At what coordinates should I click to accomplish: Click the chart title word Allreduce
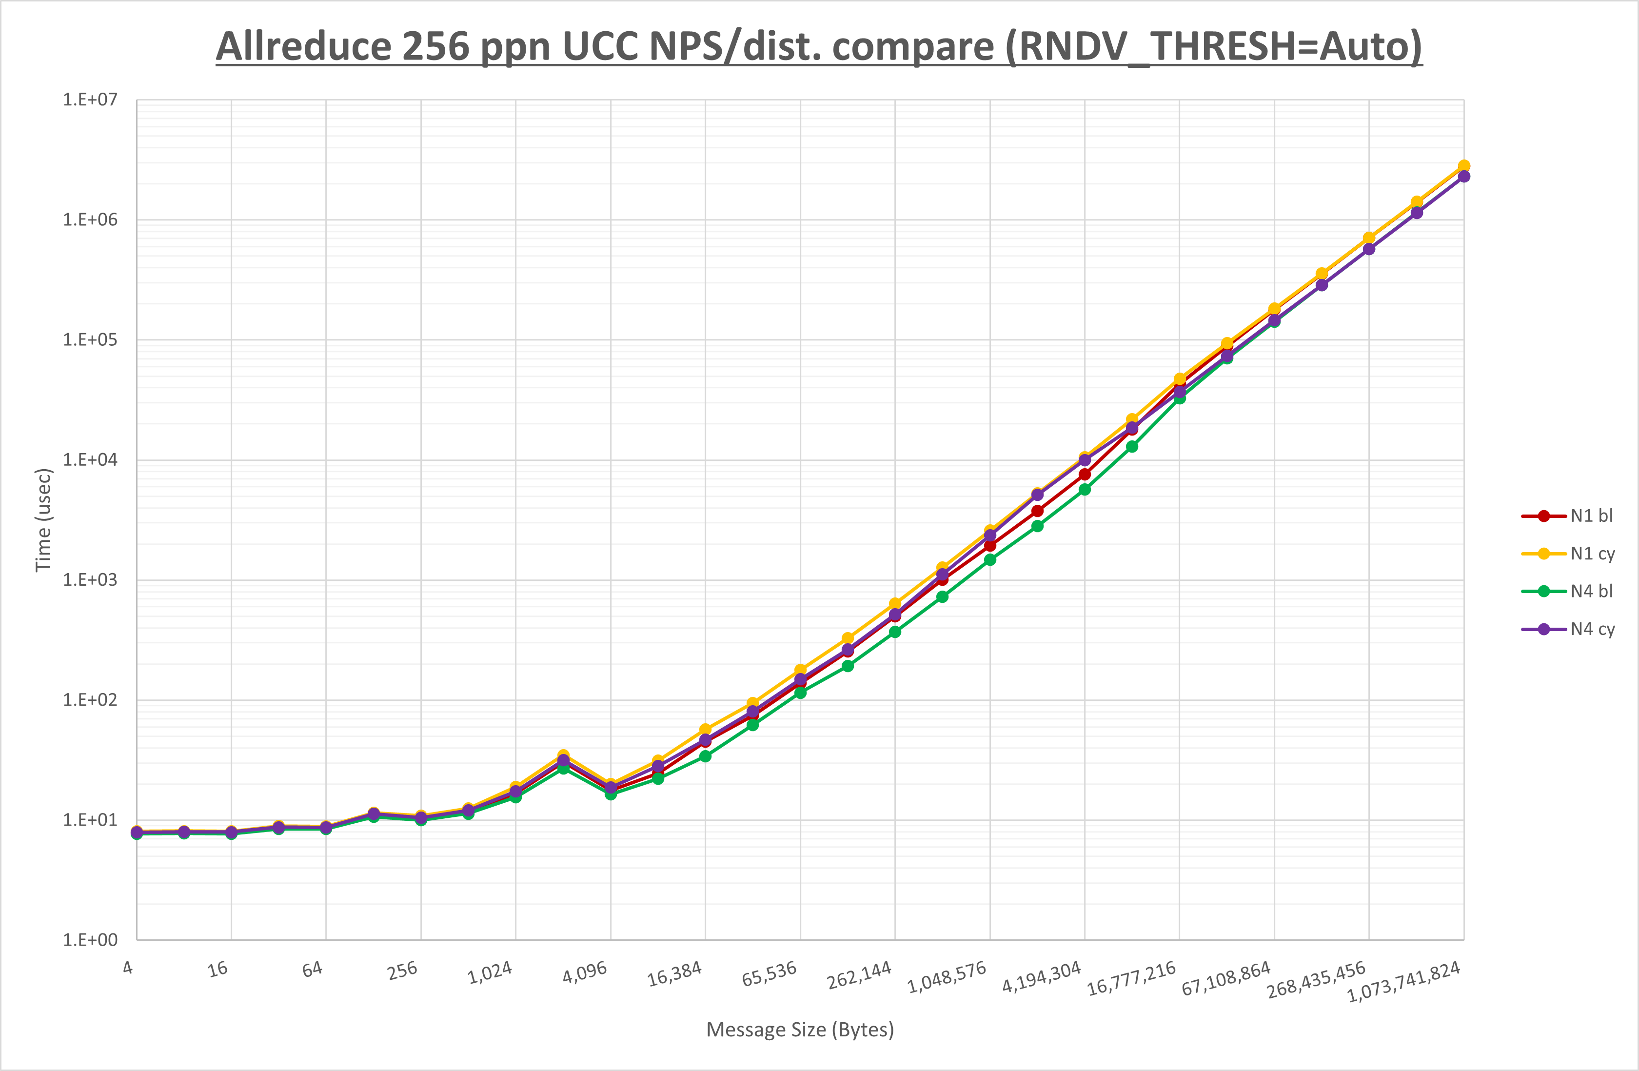tap(303, 47)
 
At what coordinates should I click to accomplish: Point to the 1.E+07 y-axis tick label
tap(90, 100)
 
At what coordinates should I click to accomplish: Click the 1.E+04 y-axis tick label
tap(90, 459)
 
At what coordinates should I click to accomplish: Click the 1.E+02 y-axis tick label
tap(90, 700)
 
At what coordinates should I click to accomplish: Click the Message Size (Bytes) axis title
tap(800, 1030)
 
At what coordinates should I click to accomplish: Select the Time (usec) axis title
tap(43, 520)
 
